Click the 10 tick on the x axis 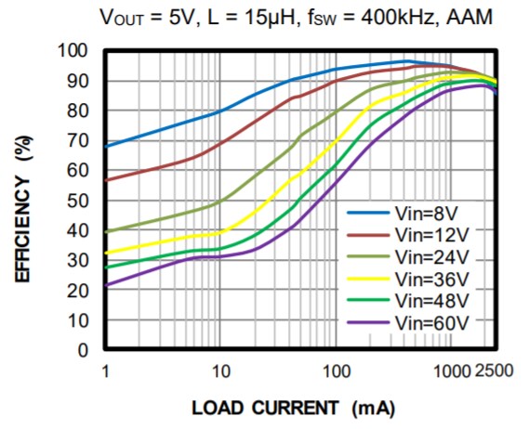(x=220, y=370)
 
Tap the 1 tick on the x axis (x=105, y=370)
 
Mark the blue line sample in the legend (x=366, y=213)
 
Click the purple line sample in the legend (x=366, y=321)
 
